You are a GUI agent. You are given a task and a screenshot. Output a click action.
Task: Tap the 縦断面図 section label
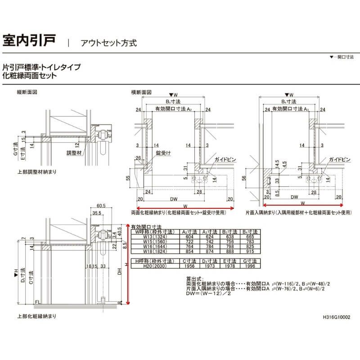coord(26,92)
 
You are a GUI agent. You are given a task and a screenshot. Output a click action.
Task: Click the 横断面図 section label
coord(141,92)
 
